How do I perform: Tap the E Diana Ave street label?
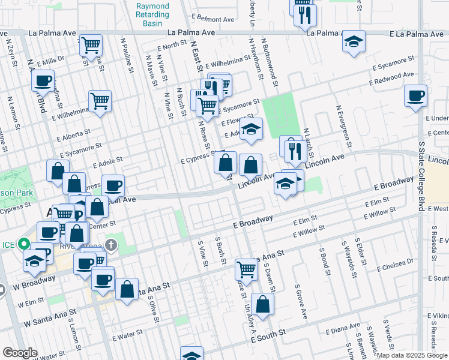click(x=343, y=329)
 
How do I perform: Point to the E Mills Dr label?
click(x=50, y=61)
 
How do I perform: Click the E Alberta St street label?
click(x=74, y=135)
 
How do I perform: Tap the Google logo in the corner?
click(x=20, y=352)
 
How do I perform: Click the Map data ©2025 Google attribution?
click(x=412, y=355)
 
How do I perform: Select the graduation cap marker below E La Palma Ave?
click(x=354, y=42)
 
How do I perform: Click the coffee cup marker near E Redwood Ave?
click(x=415, y=96)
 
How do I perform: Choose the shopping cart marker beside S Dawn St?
click(x=246, y=269)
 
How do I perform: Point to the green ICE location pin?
click(x=23, y=244)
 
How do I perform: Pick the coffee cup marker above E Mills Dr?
click(x=43, y=80)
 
